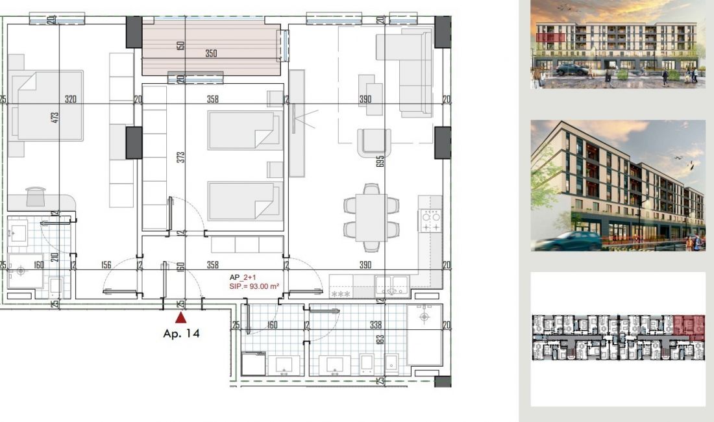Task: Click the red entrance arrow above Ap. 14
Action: [x=181, y=317]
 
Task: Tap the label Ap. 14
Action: [x=181, y=334]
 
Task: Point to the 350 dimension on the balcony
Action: [x=211, y=54]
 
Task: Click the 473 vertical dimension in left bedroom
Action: [x=55, y=118]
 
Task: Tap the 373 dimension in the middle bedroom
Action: [x=181, y=156]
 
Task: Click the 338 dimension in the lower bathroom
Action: [x=375, y=325]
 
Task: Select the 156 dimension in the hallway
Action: [x=106, y=264]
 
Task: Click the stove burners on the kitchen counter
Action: [x=431, y=221]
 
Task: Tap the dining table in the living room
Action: [x=371, y=216]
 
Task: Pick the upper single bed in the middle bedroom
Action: [x=245, y=130]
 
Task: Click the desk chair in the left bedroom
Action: [x=36, y=195]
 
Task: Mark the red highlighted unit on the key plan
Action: [x=689, y=324]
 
